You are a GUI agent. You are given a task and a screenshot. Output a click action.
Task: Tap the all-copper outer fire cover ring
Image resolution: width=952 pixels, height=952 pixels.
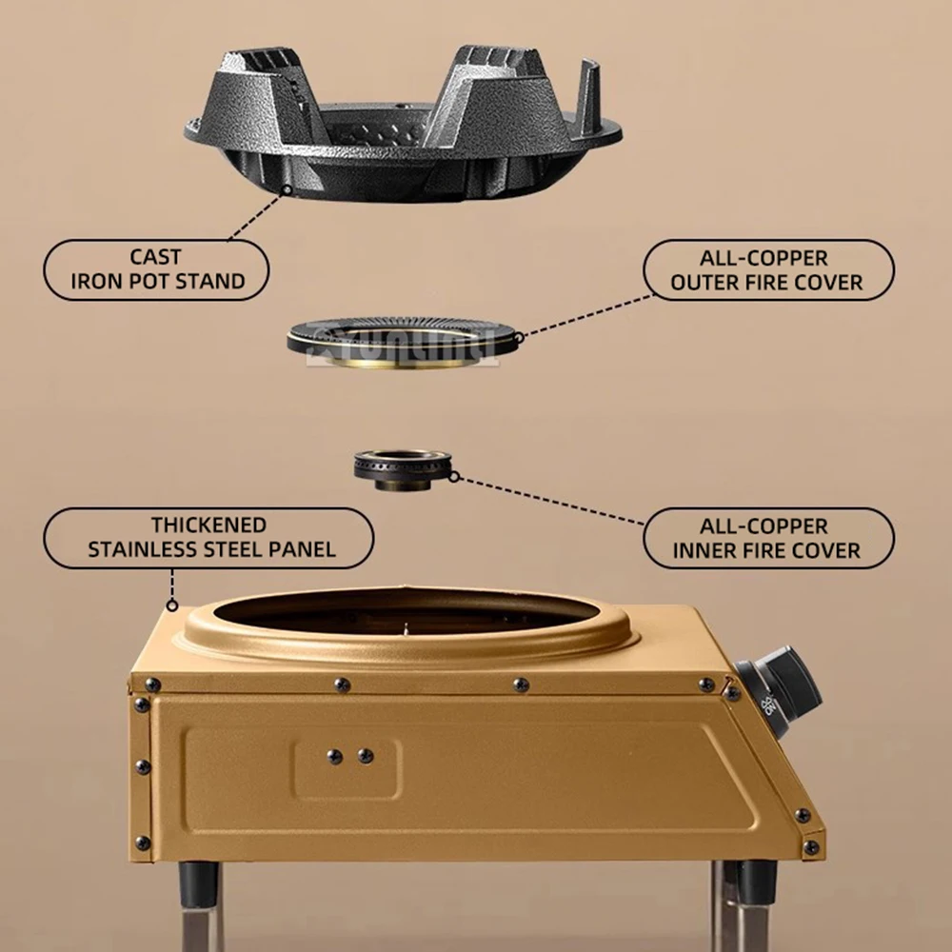pos(404,335)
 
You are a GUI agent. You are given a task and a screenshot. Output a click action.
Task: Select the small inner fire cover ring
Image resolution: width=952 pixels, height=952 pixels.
pos(401,467)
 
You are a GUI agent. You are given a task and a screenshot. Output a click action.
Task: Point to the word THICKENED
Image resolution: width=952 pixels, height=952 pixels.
pos(208,526)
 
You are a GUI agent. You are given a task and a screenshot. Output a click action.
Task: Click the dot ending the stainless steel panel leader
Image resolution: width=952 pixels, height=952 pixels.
pos(172,605)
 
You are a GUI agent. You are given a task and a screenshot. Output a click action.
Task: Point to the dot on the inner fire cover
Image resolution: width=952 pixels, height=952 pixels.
pos(454,476)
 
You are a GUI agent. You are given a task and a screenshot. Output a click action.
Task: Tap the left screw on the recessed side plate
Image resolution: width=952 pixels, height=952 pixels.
pos(334,756)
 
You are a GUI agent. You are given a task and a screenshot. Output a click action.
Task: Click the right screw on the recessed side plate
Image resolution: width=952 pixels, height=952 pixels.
pos(365,756)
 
